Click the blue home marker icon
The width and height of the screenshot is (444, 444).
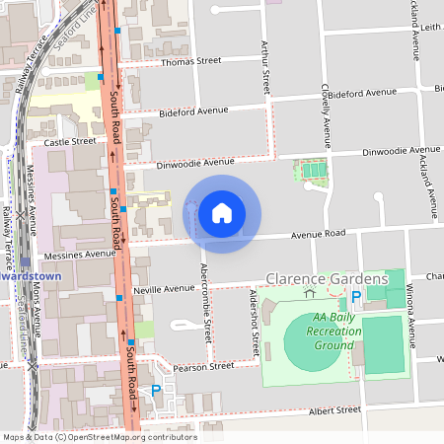(222, 212)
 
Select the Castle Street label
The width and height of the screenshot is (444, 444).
(70, 141)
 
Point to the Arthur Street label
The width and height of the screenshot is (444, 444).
(264, 68)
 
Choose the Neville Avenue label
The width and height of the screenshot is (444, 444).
(166, 289)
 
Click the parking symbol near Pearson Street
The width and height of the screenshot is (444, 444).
(155, 391)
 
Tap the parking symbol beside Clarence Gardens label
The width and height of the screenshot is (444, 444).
(354, 295)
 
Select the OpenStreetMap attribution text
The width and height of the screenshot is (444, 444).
(100, 437)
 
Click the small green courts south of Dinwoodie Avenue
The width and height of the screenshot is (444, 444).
(314, 171)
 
